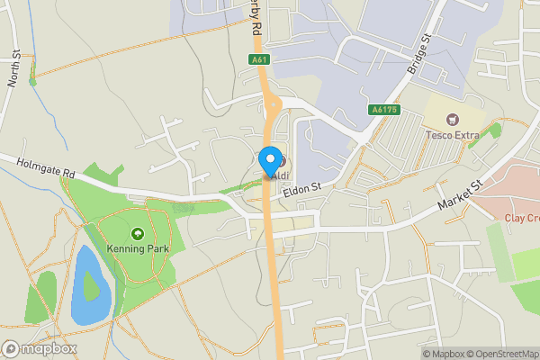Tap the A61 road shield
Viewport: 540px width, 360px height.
click(x=259, y=60)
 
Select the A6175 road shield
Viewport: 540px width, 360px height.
click(x=383, y=110)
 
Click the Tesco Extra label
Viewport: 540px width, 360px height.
click(x=451, y=136)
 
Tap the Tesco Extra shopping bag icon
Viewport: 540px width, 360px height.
click(x=452, y=119)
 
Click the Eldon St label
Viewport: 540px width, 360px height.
click(x=301, y=187)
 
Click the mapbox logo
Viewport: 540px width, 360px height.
click(x=40, y=348)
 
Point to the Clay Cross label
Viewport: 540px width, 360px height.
click(x=521, y=218)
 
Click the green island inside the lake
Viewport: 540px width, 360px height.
click(x=91, y=286)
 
